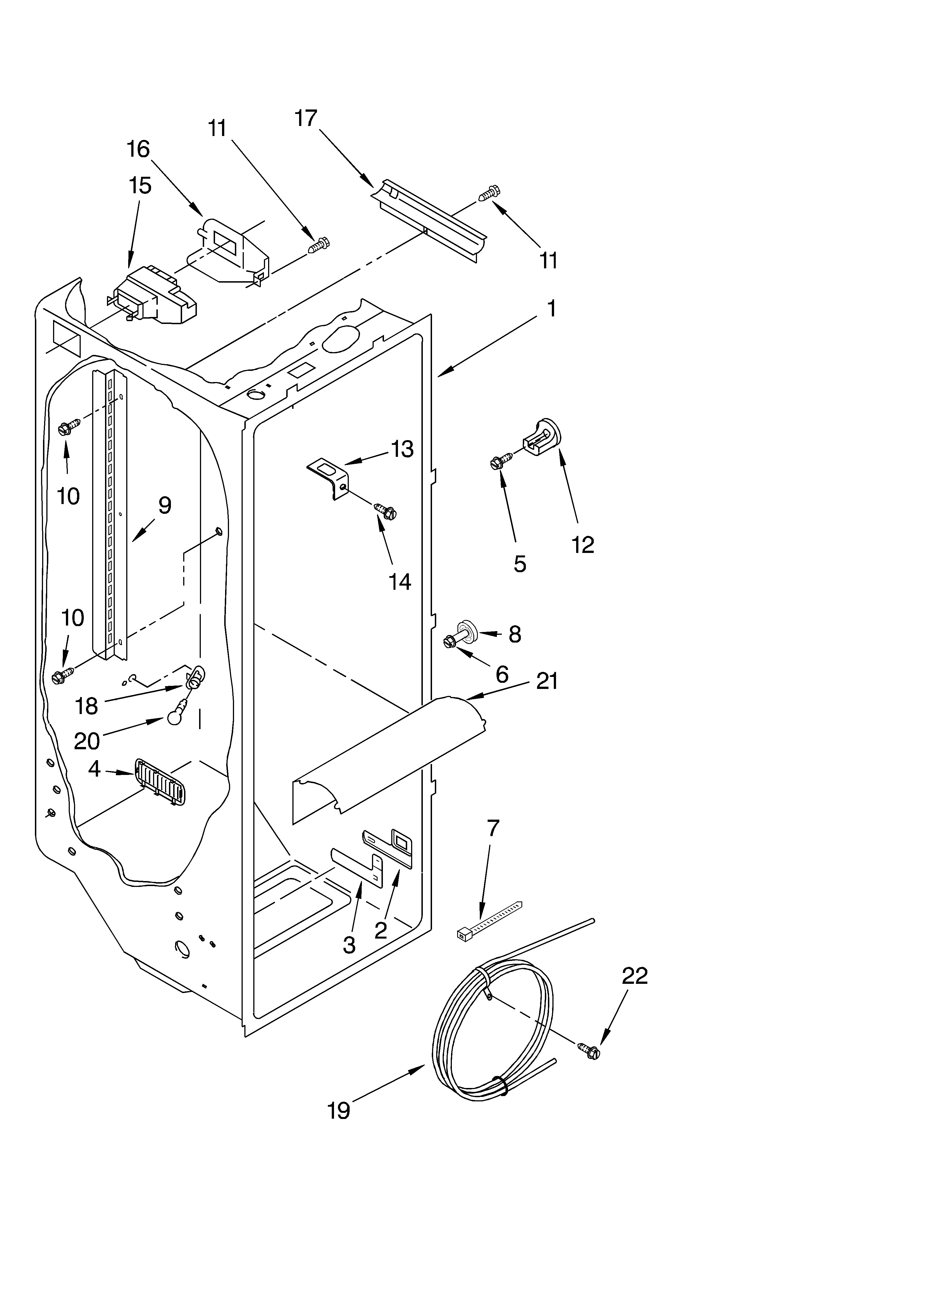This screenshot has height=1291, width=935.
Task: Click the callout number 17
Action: [x=306, y=118]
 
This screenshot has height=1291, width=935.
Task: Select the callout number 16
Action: [x=138, y=149]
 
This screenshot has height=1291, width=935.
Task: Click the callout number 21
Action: [x=547, y=681]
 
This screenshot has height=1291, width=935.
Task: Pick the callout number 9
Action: [x=164, y=505]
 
